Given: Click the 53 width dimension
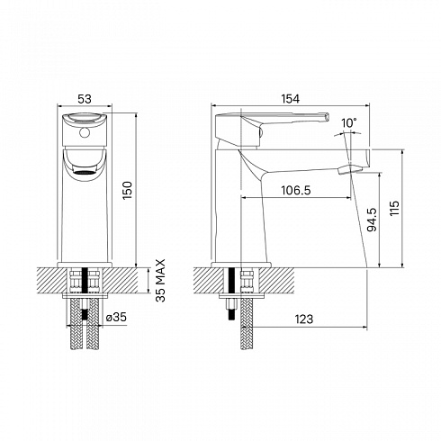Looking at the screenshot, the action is (x=85, y=99).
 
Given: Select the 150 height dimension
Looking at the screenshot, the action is (x=127, y=190).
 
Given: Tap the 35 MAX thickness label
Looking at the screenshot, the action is (x=161, y=280).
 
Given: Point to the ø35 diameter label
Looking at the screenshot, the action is (x=116, y=317).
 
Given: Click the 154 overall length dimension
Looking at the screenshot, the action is (x=290, y=99).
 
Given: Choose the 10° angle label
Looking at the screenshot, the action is (x=349, y=123).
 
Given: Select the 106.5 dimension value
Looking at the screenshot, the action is (x=295, y=190).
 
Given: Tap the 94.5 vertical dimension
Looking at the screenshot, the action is (x=372, y=220).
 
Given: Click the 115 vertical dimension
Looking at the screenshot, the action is (x=394, y=208).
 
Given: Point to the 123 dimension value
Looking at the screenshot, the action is (x=304, y=319).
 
